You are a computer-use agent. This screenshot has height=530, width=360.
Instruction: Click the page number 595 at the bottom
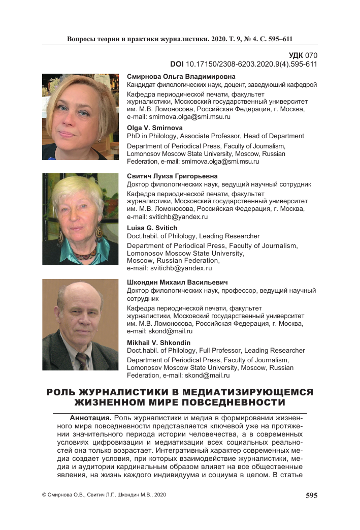[x=311, y=495]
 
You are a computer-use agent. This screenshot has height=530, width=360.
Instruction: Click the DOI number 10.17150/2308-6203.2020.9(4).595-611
[x=251, y=64]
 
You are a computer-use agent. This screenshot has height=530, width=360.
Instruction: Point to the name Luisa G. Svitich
[x=152, y=228]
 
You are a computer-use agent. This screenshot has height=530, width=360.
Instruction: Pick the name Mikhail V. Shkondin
[x=158, y=342]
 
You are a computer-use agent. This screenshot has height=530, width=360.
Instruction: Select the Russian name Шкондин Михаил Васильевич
[x=177, y=282]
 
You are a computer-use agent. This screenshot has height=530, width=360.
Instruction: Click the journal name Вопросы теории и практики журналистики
[x=137, y=39]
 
